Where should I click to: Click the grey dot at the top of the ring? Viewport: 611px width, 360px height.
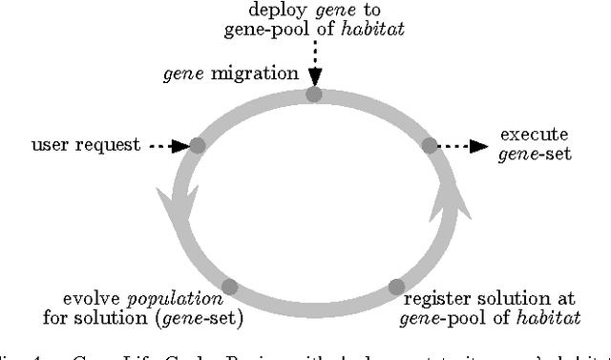coord(314,95)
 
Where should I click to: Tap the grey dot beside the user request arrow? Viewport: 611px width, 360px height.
coord(198,145)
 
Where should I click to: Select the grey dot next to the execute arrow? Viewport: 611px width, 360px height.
coord(430,145)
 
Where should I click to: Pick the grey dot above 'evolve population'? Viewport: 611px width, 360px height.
coord(229,286)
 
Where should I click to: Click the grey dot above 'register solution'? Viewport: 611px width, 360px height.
coord(397,286)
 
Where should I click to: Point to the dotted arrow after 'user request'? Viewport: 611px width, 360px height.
coord(169,146)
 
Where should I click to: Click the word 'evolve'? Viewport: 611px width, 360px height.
coord(86,299)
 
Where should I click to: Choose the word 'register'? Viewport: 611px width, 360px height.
coord(433,299)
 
